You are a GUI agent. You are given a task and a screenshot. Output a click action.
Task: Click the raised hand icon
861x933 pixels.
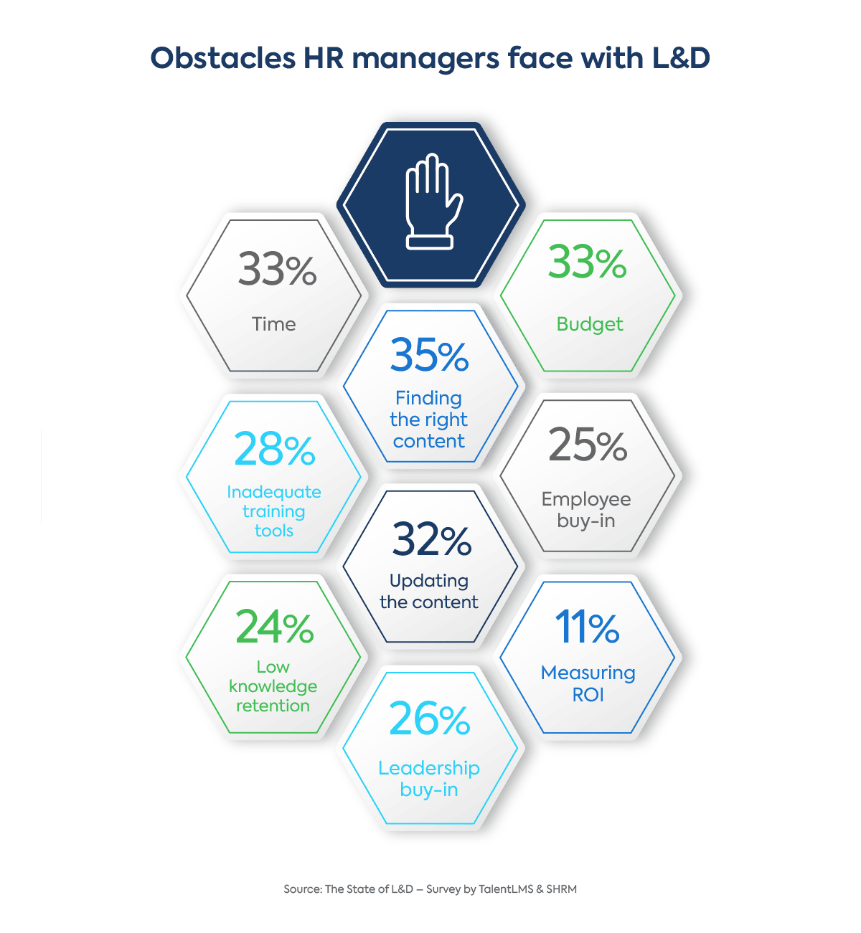[x=430, y=202]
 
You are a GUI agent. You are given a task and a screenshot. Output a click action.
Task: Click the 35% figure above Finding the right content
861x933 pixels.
[x=429, y=356]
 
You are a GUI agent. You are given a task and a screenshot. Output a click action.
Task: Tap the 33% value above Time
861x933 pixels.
[x=277, y=270]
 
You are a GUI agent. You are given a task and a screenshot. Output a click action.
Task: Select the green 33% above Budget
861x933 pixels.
[x=587, y=262]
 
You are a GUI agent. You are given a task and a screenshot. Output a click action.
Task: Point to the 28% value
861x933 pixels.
[x=274, y=450]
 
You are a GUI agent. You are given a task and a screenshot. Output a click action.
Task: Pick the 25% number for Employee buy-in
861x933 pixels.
[x=588, y=445]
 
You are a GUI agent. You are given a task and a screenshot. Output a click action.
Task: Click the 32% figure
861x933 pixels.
[x=431, y=540]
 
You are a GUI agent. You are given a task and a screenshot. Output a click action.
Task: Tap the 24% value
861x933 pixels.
[x=274, y=627]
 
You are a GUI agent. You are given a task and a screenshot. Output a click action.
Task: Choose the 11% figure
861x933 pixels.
[x=587, y=627]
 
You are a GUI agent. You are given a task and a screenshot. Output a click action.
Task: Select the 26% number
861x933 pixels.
[x=429, y=719]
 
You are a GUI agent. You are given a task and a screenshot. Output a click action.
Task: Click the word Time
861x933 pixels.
[x=274, y=324]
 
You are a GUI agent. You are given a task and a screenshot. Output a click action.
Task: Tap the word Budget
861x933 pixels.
[x=590, y=324]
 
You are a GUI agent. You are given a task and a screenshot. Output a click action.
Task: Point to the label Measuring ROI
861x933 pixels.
[x=588, y=683]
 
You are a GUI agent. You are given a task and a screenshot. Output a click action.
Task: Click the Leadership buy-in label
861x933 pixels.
[x=429, y=779]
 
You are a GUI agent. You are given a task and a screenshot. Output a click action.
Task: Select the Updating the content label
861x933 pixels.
[x=429, y=591]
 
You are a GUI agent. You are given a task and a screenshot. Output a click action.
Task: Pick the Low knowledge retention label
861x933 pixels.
[x=273, y=686]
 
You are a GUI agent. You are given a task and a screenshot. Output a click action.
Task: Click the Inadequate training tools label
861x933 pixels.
[x=274, y=511]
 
